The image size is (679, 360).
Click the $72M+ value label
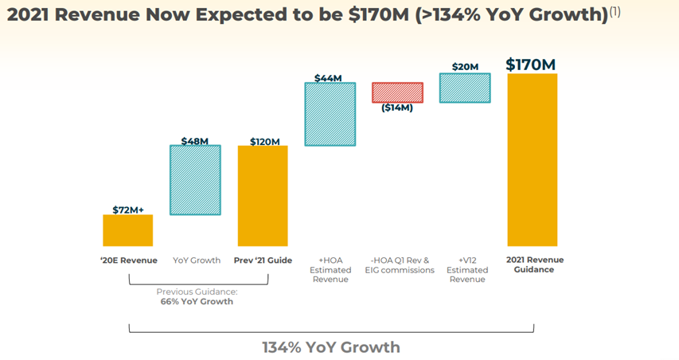[x=127, y=209]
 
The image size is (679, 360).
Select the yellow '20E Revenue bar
[x=127, y=230]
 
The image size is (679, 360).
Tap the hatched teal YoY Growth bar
[x=195, y=180]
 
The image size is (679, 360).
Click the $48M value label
[x=195, y=141]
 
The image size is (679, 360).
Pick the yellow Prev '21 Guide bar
[x=263, y=196]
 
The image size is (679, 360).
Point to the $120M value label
[x=264, y=142]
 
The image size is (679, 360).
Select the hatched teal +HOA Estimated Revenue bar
[x=330, y=114]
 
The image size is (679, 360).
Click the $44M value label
[x=329, y=78]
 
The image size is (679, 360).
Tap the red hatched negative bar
[x=397, y=92]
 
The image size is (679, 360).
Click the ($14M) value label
[x=397, y=108]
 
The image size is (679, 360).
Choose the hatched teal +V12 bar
[x=465, y=88]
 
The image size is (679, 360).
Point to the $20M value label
[x=465, y=67]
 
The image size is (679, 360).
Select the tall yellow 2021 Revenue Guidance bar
[x=532, y=160]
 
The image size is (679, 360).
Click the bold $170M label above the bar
[x=530, y=65]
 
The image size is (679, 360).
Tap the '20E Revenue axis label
[x=128, y=260]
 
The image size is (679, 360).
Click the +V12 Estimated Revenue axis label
[x=467, y=270]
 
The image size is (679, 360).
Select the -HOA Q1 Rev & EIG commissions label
[x=400, y=265]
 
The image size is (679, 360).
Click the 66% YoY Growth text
[x=196, y=302]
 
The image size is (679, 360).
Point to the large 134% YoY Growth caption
[x=331, y=347]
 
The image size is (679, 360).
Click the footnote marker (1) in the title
[x=614, y=12]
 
